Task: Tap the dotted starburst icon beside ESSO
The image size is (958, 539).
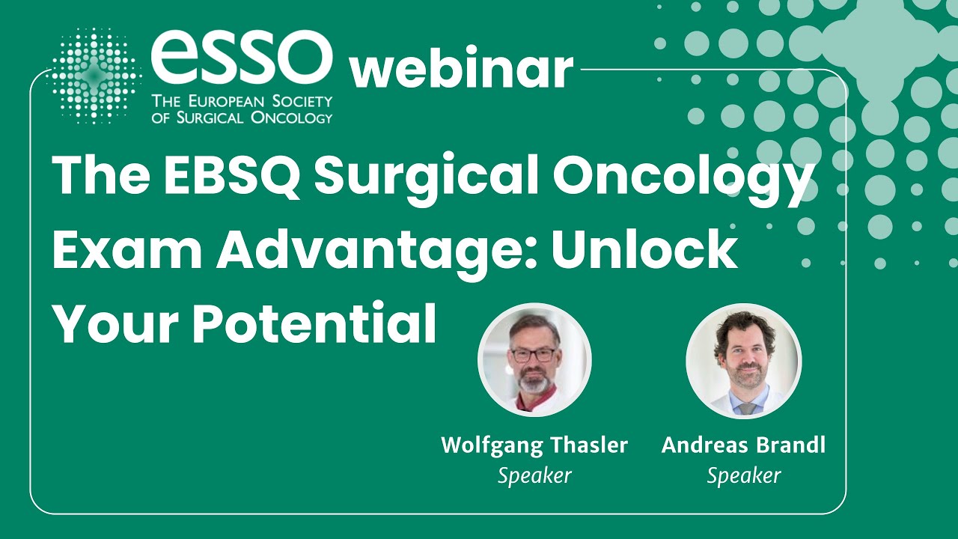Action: tap(93, 76)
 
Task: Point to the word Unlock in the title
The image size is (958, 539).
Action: tap(644, 251)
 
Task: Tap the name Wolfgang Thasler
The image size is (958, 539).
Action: tap(534, 445)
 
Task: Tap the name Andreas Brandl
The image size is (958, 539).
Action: tap(743, 445)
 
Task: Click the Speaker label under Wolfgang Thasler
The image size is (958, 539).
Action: tap(534, 475)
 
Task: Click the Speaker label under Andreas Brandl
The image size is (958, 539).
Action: tap(743, 475)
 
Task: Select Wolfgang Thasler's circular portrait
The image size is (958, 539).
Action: tap(534, 360)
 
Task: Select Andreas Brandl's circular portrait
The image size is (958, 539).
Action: tap(743, 360)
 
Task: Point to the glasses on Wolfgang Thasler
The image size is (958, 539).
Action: tap(533, 354)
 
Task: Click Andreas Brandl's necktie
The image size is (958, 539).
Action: tap(747, 409)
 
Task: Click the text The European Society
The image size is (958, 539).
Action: tap(241, 102)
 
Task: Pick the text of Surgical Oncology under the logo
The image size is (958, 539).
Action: tap(241, 118)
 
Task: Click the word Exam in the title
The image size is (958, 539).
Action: tap(127, 251)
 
